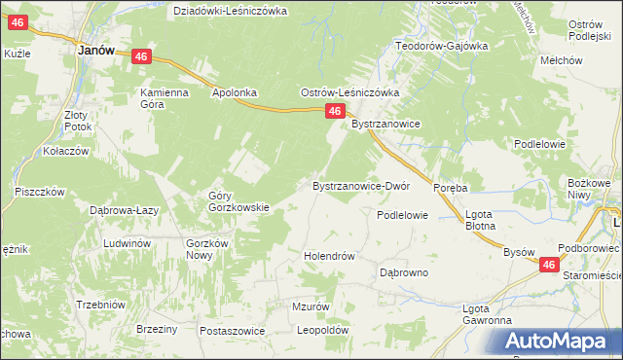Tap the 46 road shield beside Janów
[142, 58]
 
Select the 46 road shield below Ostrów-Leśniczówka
[334, 113]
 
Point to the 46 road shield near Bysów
[550, 265]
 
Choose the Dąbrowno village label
[404, 273]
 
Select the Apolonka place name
[234, 93]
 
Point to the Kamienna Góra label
[164, 99]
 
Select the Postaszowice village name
[233, 331]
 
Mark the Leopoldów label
[323, 331]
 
